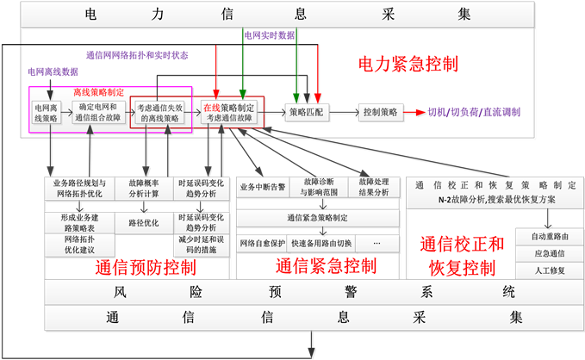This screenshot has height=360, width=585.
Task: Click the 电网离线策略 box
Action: pos(47,113)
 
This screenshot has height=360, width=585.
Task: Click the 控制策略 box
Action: pos(380,113)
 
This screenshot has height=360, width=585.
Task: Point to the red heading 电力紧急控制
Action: pos(407,65)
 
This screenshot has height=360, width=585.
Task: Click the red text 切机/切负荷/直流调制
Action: pos(473,113)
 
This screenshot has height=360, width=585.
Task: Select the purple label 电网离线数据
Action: pos(53,71)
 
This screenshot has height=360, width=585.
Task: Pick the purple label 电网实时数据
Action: pos(269,35)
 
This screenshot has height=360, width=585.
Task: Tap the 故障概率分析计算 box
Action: pos(144,189)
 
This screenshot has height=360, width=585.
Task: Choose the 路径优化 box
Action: pos(144,223)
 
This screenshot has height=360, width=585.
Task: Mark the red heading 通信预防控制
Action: pos(145,268)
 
